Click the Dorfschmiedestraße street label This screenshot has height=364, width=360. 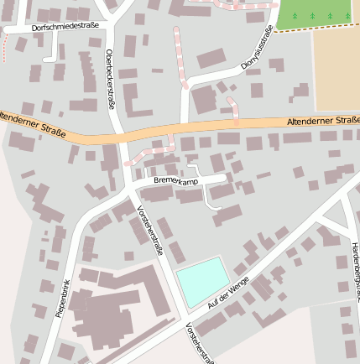(x=65, y=27)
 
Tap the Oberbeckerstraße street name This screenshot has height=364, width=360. (x=109, y=79)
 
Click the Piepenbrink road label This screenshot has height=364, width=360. (x=62, y=297)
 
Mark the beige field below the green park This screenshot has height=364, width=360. (x=337, y=67)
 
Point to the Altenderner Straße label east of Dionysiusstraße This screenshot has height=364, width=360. (x=322, y=121)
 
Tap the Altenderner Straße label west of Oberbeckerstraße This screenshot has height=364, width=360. (x=34, y=119)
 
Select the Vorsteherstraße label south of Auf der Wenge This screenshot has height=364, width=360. (x=201, y=344)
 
